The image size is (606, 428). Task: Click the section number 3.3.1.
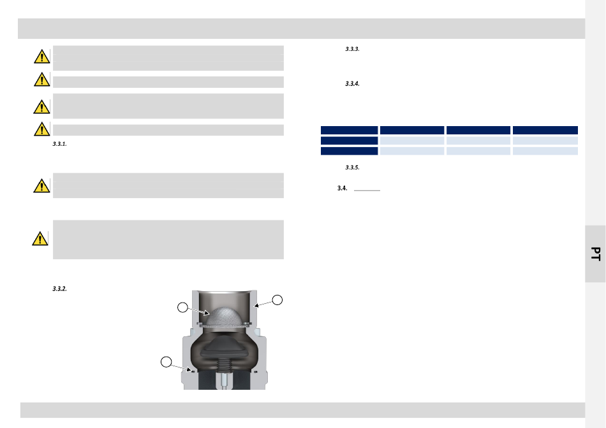coord(59,144)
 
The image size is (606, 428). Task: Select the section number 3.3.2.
coord(59,289)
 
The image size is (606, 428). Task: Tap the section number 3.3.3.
coord(352,49)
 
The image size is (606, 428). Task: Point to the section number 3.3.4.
coord(352,83)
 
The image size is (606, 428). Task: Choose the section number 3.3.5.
coord(352,168)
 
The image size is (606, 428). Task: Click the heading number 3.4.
coord(342,189)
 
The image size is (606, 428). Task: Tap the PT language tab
coord(596,254)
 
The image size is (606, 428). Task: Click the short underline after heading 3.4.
coord(367,190)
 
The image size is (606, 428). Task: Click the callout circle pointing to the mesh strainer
coord(182,307)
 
